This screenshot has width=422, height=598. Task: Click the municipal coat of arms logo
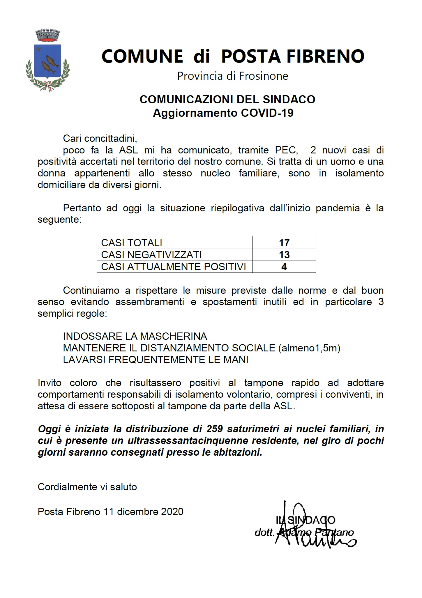pos(47,60)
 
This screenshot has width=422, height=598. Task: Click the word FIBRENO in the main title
pos(323,56)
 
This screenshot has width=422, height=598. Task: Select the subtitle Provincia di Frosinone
pos(232,76)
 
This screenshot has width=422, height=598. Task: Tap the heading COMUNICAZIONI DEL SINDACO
pos(227,100)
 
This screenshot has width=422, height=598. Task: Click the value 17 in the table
pos(284,243)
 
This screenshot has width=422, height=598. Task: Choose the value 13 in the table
pos(284,255)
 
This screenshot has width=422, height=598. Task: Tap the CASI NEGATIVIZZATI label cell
pos(151,255)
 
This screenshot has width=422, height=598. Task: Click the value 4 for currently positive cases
pos(284,267)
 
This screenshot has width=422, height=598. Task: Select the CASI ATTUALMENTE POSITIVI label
pos(173,267)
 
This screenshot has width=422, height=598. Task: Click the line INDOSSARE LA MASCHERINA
pos(135,336)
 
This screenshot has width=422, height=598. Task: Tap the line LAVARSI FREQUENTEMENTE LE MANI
pos(156,360)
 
